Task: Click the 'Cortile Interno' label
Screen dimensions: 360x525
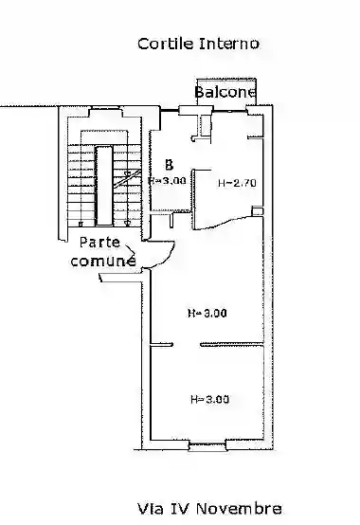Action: coord(198,44)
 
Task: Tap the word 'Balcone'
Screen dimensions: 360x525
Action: coord(225,92)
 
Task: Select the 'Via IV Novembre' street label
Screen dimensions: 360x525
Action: coord(209,509)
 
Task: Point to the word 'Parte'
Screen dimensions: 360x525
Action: coord(99,243)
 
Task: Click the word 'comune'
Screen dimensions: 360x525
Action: coord(103,261)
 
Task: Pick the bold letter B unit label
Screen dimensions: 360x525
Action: coord(170,164)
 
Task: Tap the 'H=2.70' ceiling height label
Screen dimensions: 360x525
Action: coord(237,183)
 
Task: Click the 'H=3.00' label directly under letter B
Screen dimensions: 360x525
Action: coord(167,181)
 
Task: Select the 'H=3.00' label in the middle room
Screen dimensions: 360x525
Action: coord(207,313)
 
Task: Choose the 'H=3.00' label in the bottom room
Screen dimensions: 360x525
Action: coord(209,399)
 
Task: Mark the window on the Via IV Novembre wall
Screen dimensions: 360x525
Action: coord(207,444)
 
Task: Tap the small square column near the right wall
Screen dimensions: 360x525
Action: coord(257,211)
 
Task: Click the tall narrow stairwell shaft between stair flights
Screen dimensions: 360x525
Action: coord(103,186)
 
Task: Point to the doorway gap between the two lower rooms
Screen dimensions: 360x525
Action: coord(187,345)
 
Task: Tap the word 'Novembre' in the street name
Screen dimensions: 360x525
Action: coord(239,509)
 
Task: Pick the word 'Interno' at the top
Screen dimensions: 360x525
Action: coord(229,44)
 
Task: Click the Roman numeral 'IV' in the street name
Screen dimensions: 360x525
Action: coord(179,509)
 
